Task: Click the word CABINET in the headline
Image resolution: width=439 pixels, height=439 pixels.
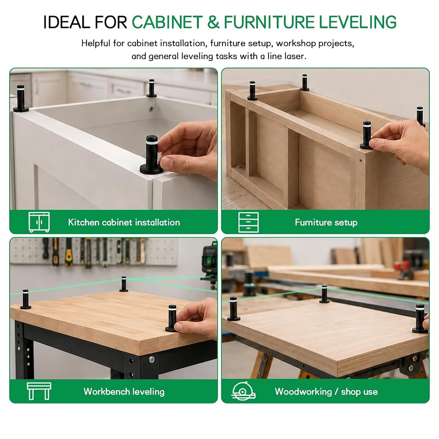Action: [167, 22]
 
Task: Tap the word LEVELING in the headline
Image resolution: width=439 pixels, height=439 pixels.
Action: [358, 22]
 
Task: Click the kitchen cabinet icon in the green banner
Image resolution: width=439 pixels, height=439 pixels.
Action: [39, 222]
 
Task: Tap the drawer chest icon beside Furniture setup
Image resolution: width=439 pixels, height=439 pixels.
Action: [248, 222]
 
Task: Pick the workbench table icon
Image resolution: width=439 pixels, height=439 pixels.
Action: [39, 391]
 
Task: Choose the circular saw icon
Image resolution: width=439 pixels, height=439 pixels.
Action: [243, 391]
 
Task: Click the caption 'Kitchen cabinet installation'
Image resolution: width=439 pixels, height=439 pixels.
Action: [124, 222]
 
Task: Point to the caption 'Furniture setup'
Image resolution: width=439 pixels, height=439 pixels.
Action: [326, 222]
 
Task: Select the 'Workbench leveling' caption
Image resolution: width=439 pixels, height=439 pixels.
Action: [124, 392]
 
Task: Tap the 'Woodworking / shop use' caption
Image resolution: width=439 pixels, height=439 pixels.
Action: [326, 392]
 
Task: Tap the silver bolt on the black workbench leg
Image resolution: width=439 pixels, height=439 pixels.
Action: [151, 360]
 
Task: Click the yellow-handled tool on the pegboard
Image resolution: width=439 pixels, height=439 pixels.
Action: [68, 252]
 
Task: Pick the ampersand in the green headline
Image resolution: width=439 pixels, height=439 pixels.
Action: [213, 22]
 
